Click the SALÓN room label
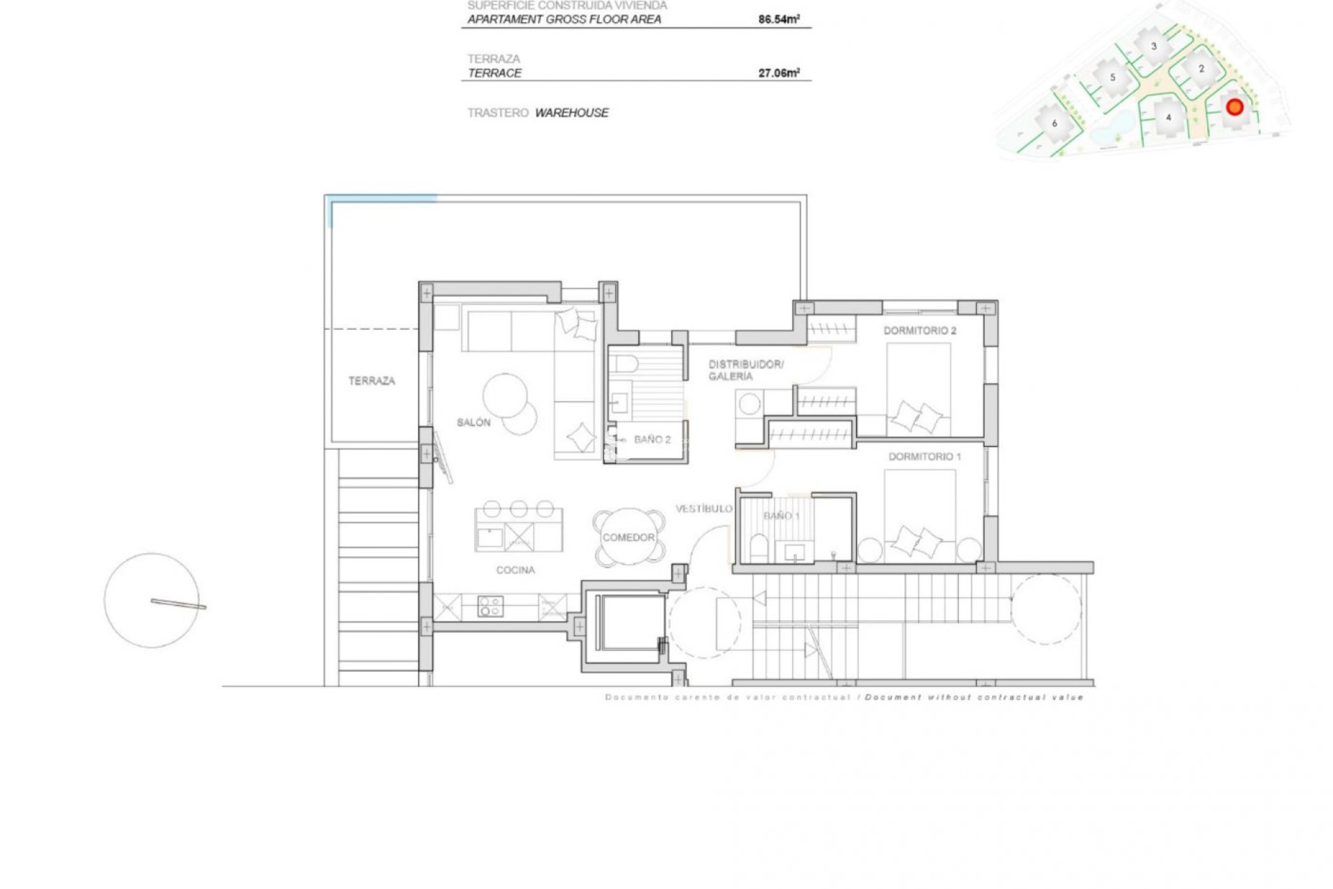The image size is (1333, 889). point(473,422)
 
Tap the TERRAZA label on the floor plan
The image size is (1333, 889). point(371,381)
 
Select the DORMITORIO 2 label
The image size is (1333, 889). point(919,331)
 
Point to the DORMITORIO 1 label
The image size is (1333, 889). point(924,456)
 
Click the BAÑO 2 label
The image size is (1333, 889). point(652,440)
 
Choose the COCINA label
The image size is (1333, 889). point(515,570)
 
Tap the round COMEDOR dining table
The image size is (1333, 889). point(628,538)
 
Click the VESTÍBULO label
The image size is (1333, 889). point(703,509)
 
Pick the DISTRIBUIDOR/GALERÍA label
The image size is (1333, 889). point(745,370)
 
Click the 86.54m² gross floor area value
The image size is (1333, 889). point(778,19)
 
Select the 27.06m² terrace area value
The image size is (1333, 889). point(778,73)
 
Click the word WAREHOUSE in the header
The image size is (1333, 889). point(571,113)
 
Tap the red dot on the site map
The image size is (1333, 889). point(1234,107)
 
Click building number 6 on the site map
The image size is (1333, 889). point(1055,124)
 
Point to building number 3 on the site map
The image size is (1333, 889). point(1154,47)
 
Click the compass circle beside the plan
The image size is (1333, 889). point(152,601)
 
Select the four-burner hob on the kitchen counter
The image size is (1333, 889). point(490,606)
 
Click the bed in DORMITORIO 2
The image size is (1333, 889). point(919,389)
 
